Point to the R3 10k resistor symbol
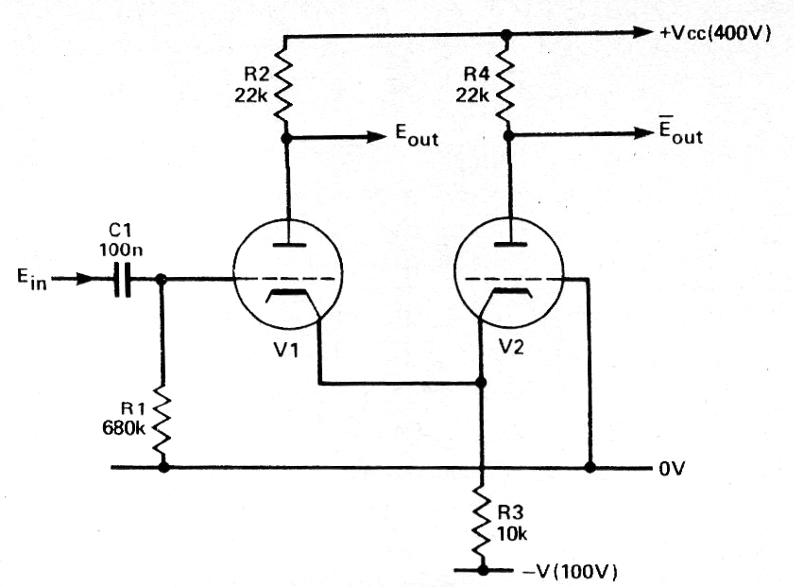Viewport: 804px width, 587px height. click(x=482, y=518)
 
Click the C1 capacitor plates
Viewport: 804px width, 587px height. click(x=121, y=280)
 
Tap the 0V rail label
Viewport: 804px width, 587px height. click(x=668, y=468)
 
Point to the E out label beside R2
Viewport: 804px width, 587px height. click(x=416, y=137)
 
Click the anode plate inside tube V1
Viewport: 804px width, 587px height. click(x=286, y=248)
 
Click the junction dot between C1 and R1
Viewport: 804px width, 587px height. click(x=162, y=279)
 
